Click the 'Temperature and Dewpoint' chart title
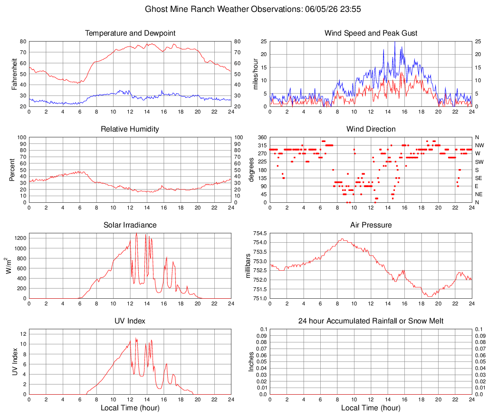click(x=130, y=33)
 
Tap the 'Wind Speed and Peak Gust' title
click(x=371, y=33)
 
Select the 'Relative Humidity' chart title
click(x=130, y=129)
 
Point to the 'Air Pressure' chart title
click(x=371, y=225)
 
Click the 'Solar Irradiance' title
click(x=130, y=225)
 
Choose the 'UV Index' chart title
click(x=130, y=321)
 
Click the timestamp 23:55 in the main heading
click(x=351, y=9)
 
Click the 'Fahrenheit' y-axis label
click(x=14, y=74)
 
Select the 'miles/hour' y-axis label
click(x=256, y=74)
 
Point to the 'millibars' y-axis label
click(x=248, y=266)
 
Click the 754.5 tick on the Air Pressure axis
click(x=260, y=233)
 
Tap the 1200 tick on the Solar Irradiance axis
click(x=20, y=238)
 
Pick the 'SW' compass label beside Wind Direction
click(x=479, y=162)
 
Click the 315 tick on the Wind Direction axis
click(x=262, y=145)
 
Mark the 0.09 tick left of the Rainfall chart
click(x=262, y=336)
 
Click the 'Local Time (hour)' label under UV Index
click(x=130, y=408)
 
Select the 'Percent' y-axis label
click(x=12, y=170)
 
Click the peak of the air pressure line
click(x=342, y=239)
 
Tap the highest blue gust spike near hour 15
click(x=395, y=42)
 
